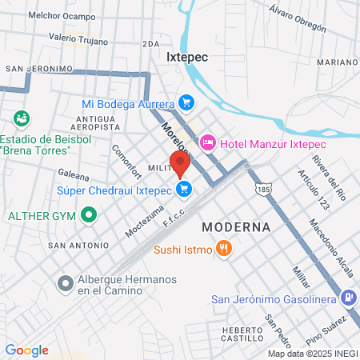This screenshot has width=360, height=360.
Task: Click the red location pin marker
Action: [179, 163]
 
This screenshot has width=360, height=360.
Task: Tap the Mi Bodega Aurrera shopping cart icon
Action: [186, 103]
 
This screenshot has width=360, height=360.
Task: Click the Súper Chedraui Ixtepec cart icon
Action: [185, 190]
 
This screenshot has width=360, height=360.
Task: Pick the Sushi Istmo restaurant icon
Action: [225, 249]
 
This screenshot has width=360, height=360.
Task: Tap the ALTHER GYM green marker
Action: [90, 215]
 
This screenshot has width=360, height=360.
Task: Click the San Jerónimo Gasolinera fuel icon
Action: [349, 299]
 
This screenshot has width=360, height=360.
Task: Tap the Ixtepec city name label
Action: [187, 58]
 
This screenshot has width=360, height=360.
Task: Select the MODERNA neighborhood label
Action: [236, 227]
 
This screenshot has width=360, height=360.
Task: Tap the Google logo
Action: [26, 350]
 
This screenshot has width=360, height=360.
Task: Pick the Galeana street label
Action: [73, 172]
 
